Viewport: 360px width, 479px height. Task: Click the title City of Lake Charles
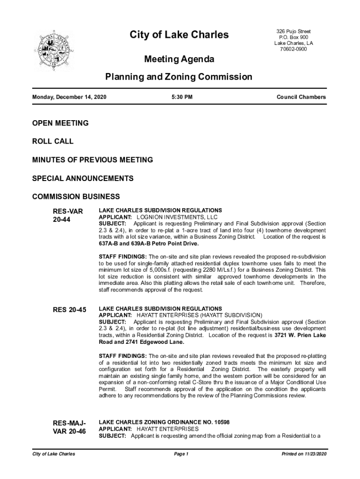[179, 35]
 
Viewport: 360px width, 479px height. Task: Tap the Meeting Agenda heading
[179, 59]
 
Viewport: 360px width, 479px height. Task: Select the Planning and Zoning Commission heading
[179, 77]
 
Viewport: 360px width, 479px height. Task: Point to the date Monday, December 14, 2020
[69, 97]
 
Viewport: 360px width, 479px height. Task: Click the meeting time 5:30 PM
[180, 97]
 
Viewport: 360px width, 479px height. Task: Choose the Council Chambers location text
[301, 97]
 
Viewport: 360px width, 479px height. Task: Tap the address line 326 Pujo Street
[294, 31]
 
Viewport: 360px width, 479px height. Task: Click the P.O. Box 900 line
[294, 37]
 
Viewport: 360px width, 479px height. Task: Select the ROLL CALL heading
[53, 141]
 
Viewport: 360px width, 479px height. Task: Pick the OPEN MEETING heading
[60, 123]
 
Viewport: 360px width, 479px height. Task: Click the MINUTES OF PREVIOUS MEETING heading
[93, 160]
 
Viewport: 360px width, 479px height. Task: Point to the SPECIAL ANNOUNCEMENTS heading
[83, 178]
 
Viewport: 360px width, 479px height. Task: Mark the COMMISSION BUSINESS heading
[76, 196]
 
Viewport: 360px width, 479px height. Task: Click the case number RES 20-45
[69, 310]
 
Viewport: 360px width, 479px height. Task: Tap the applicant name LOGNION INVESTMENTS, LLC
[177, 218]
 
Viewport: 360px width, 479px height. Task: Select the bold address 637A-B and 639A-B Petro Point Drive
[149, 244]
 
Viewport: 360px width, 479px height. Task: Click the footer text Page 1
[180, 454]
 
